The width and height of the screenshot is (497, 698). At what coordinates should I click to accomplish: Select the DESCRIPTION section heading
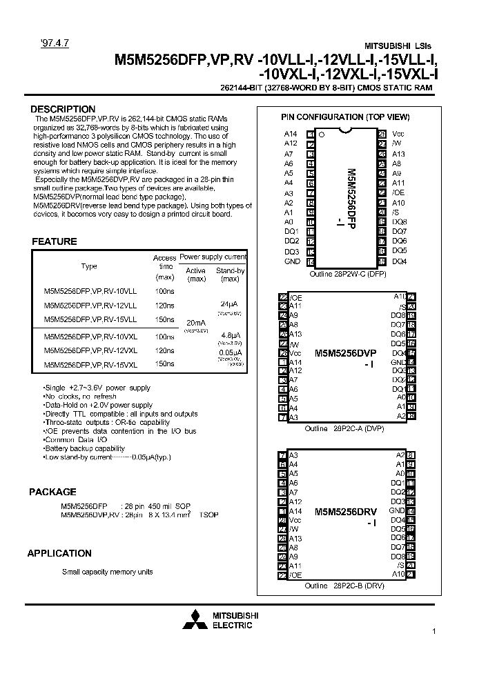click(x=63, y=109)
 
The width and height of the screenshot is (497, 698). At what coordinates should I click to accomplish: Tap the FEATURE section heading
click(x=55, y=241)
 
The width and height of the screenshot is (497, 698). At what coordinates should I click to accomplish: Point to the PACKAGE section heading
click(x=52, y=492)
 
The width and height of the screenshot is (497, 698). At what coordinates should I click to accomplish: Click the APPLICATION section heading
click(x=59, y=553)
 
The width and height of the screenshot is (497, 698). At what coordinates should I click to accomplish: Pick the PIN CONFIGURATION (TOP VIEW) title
click(x=344, y=117)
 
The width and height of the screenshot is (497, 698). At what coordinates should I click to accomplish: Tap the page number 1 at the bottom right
click(x=433, y=632)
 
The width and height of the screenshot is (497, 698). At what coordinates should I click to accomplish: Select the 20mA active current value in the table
click(x=195, y=322)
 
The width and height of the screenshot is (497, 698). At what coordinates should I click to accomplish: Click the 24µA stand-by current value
click(x=229, y=303)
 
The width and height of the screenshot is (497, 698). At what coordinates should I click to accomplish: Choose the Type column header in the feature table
click(x=89, y=266)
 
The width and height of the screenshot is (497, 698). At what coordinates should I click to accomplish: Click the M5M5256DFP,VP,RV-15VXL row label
click(x=90, y=365)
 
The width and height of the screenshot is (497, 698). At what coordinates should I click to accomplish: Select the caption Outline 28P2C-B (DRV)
click(x=344, y=586)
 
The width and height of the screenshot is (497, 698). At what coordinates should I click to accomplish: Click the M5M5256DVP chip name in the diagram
click(x=345, y=352)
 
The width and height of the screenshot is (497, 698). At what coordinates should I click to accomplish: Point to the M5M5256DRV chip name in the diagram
click(x=345, y=512)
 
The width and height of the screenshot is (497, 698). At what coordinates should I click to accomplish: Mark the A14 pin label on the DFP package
click(x=291, y=134)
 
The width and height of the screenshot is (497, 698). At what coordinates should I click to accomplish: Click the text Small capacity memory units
click(x=107, y=572)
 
